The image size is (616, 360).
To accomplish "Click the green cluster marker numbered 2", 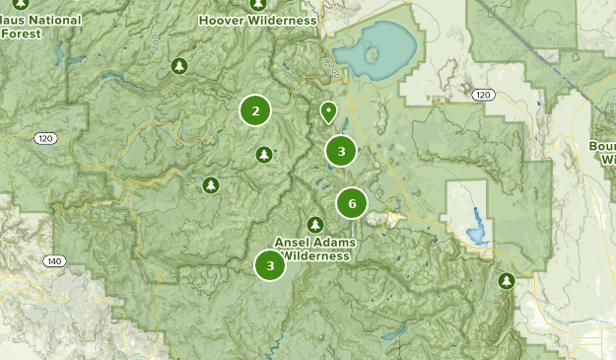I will click(255, 110).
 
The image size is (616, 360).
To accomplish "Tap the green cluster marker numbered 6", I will click(351, 203).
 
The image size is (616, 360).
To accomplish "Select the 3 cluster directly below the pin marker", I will click(341, 151).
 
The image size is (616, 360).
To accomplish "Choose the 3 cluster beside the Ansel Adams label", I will click(270, 265).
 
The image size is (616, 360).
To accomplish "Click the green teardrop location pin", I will click(328, 111).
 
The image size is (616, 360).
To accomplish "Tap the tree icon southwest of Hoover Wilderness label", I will click(179, 66).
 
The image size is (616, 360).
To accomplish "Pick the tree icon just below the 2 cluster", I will click(263, 155).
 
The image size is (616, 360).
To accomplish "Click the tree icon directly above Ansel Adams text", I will click(315, 223).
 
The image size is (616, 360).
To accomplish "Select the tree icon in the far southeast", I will click(507, 281).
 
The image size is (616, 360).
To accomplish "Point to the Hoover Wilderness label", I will click(258, 20).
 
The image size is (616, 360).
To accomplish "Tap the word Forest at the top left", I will click(22, 33).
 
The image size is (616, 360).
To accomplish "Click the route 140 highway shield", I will click(53, 260).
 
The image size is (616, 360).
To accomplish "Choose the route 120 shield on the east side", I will click(481, 95).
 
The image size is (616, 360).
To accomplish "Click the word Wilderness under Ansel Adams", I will click(314, 255).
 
